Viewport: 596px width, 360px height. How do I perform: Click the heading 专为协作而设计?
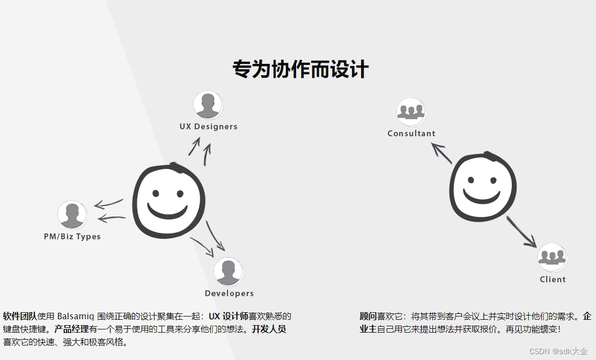[300, 70]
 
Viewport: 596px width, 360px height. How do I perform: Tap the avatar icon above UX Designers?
[208, 105]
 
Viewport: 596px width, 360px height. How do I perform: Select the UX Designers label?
[208, 127]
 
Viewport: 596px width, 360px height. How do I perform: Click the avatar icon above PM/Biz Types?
[72, 215]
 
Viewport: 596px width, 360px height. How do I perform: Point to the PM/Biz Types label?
[72, 237]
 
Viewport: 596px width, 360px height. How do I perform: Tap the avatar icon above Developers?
[229, 271]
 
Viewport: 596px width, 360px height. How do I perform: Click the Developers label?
[229, 293]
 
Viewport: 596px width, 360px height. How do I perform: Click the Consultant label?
[411, 134]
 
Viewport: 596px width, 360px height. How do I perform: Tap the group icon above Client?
[553, 258]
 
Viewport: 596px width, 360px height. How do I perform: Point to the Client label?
[553, 280]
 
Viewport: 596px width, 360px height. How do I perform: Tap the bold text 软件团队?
[20, 316]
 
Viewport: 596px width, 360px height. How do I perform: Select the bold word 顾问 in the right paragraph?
[368, 317]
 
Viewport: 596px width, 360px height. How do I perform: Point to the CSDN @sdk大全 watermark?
[558, 351]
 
